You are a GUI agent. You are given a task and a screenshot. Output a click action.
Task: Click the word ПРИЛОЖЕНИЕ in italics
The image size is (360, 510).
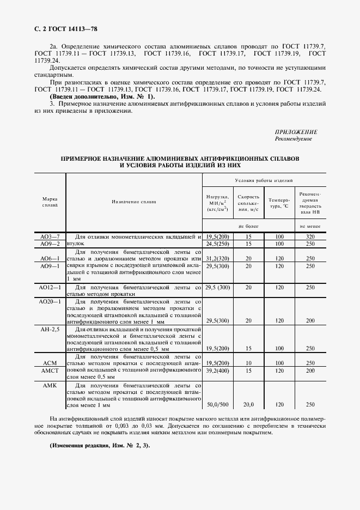click(296, 132)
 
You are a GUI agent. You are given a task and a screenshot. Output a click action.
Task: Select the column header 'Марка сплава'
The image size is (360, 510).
click(50, 202)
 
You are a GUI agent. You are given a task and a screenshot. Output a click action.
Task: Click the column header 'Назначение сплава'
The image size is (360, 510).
click(133, 202)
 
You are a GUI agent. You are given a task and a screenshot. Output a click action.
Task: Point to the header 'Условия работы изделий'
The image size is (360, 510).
click(264, 180)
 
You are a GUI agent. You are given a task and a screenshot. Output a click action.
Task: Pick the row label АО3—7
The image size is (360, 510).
click(50, 237)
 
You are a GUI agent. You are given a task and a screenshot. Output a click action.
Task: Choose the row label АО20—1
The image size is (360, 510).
click(50, 301)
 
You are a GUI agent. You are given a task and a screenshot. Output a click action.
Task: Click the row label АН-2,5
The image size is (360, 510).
click(50, 329)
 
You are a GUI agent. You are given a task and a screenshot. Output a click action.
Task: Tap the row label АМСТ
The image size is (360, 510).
click(50, 371)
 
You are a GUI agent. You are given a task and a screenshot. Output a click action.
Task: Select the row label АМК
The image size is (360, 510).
click(50, 385)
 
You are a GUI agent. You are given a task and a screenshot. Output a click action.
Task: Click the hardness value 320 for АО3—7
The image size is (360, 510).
click(310, 237)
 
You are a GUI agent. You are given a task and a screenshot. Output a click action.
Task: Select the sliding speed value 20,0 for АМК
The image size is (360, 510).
click(248, 405)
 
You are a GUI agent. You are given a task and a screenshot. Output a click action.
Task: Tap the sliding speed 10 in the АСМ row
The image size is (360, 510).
click(248, 363)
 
